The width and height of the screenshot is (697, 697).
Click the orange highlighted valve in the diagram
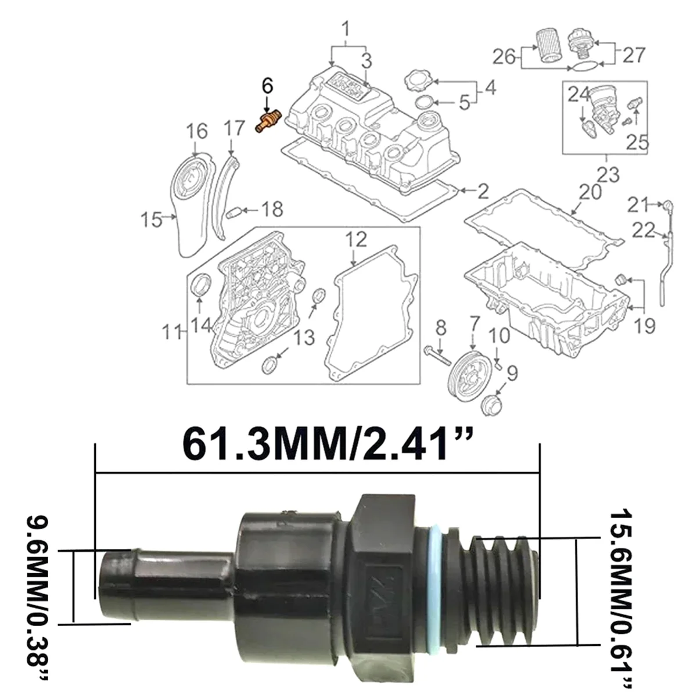tap(267, 122)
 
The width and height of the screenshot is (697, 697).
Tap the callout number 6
tap(267, 86)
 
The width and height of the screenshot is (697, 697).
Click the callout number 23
tap(608, 175)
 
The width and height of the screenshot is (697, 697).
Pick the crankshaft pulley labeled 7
tap(470, 371)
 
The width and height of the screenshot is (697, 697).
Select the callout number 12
tap(356, 239)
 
